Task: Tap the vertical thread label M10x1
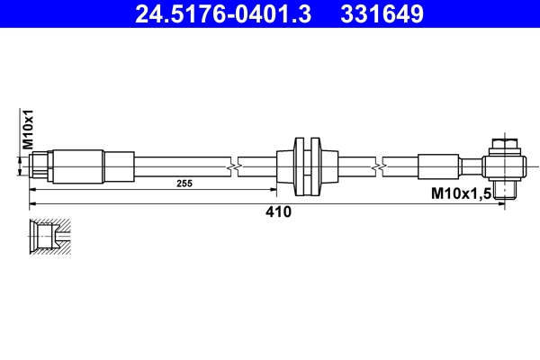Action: point(27,130)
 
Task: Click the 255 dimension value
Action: point(184,183)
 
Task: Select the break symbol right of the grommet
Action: point(384,166)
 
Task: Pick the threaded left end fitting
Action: point(41,166)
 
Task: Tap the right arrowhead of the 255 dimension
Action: point(274,190)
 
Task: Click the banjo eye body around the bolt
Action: point(503,166)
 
